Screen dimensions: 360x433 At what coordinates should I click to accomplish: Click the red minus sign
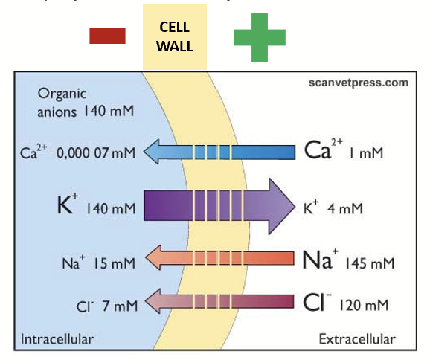(x=106, y=36)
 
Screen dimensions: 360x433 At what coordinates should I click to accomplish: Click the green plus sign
(x=259, y=36)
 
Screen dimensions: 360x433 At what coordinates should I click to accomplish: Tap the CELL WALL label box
(x=176, y=36)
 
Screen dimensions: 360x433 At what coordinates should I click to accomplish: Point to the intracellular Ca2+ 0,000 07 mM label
(x=78, y=153)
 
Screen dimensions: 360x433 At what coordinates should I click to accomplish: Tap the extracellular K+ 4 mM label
(x=333, y=208)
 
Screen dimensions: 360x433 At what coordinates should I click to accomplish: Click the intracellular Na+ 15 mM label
(x=98, y=262)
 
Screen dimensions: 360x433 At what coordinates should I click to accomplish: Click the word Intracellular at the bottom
(x=57, y=340)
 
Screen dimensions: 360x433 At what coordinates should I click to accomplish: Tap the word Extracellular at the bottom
(x=357, y=340)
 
